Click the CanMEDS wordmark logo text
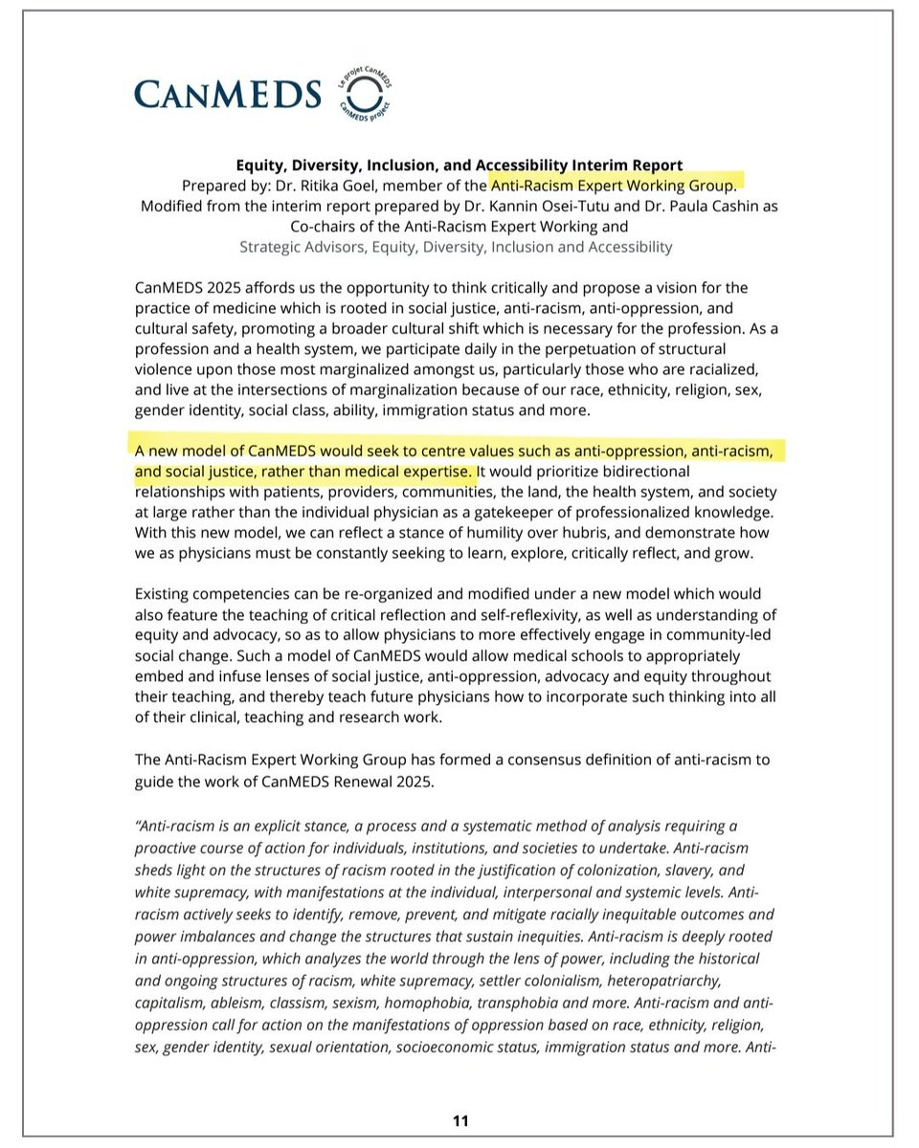(x=228, y=93)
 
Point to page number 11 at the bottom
(x=460, y=1120)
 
